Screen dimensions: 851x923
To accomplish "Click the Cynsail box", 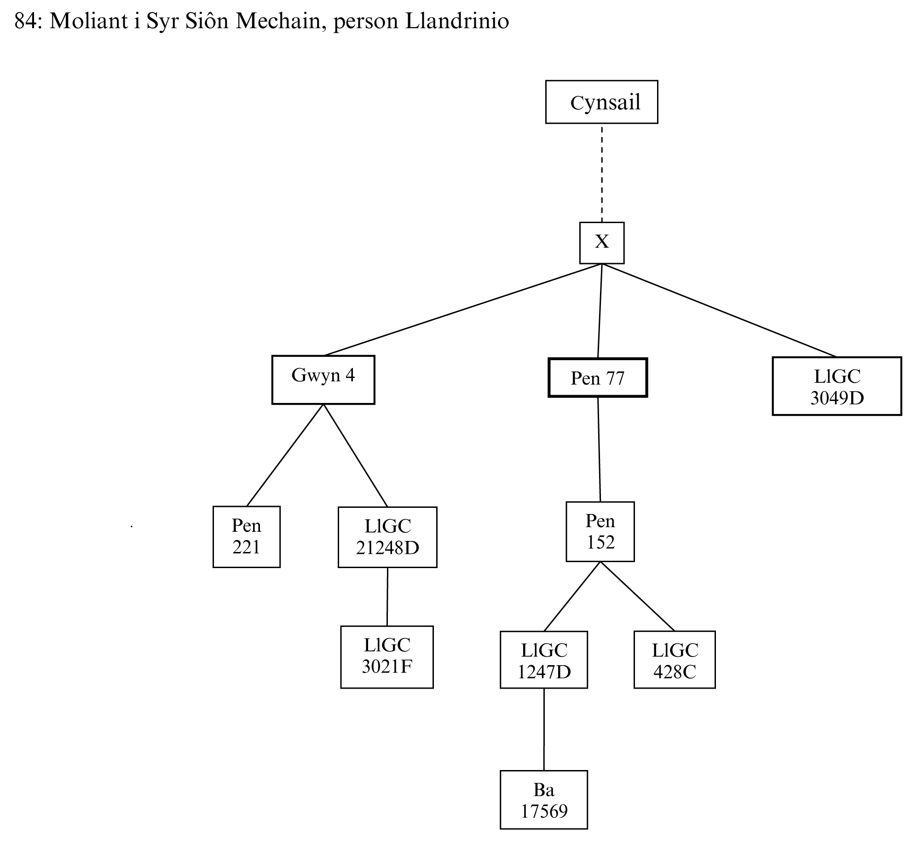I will pos(601,102).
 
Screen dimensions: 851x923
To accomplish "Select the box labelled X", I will pos(601,243).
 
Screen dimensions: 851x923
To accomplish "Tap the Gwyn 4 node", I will pos(323,379).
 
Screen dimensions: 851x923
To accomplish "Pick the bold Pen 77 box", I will pos(597,378).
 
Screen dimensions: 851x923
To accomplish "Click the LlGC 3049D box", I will pos(836,386).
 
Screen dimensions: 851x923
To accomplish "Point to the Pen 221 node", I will pos(247,536).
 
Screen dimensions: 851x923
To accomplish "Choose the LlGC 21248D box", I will pos(387,537).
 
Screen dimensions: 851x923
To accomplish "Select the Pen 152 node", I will pos(600,531).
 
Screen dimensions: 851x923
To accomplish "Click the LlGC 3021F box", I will pos(387,657).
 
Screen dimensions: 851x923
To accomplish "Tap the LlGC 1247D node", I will pos(543,660).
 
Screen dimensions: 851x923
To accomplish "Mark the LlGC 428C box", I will pos(674,660).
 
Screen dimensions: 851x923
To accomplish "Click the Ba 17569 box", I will pos(543,800).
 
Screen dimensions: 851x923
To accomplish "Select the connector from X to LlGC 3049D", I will pos(719,310).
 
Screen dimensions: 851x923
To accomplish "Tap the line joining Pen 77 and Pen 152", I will pos(599,449).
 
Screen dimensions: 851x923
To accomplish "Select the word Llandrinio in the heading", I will pos(457,21).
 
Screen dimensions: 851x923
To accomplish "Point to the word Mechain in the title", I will pos(278,21).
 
